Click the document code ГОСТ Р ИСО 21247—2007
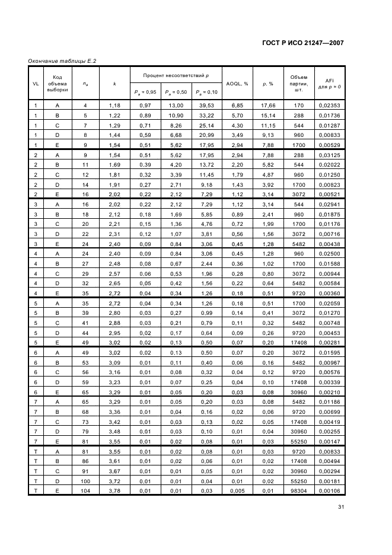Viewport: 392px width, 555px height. [302, 43]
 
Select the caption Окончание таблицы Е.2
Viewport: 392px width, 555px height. [63, 61]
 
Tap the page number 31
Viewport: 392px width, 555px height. [340, 506]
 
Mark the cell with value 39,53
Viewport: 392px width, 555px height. [206, 106]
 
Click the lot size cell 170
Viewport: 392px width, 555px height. [298, 106]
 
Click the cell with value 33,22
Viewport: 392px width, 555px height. [206, 115]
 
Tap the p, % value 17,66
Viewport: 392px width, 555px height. [268, 106]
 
